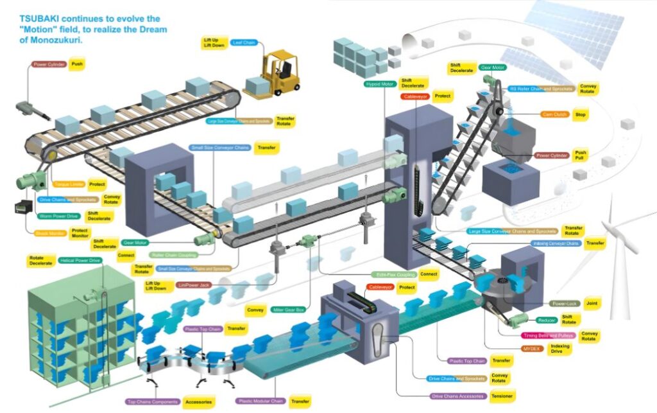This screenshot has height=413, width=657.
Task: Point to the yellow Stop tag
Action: [x=581, y=114]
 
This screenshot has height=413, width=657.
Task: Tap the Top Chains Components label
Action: [x=152, y=401]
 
